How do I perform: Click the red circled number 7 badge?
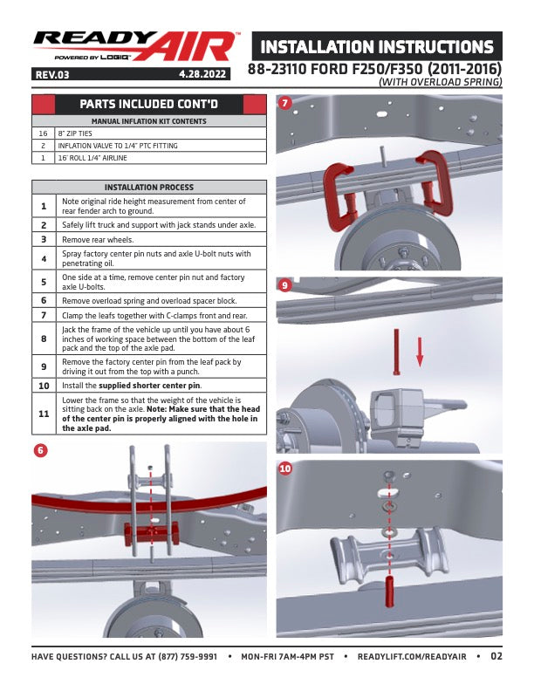(284, 103)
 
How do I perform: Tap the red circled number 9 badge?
(284, 285)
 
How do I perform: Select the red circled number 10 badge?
(285, 469)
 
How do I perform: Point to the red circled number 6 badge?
(40, 450)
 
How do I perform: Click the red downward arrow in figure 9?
(420, 352)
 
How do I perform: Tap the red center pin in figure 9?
(396, 352)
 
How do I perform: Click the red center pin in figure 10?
(389, 591)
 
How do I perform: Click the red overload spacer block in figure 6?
(151, 533)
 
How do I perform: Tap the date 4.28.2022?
(202, 74)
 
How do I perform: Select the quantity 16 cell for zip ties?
(43, 133)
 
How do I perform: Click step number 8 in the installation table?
(44, 339)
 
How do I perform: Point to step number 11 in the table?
(44, 414)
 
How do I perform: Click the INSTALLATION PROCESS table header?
(149, 188)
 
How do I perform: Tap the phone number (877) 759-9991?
(188, 657)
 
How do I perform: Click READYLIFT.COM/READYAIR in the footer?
(412, 657)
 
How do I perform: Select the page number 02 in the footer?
(496, 656)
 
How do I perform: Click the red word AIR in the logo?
(189, 46)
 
